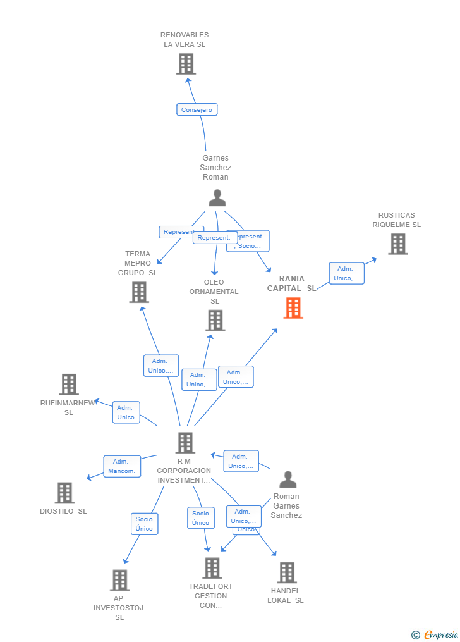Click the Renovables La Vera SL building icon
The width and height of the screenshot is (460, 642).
coord(186,64)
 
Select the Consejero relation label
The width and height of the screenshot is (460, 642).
coord(197,109)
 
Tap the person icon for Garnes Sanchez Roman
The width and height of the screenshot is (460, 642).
coord(217,198)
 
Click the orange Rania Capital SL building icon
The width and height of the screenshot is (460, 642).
coord(293,307)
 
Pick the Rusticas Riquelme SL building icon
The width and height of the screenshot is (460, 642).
coord(397,244)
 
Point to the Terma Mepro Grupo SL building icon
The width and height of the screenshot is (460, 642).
coord(139,292)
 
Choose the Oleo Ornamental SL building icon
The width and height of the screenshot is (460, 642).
coord(215,320)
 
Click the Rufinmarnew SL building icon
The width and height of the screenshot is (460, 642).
coord(69,384)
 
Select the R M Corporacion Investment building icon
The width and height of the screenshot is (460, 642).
coord(185,443)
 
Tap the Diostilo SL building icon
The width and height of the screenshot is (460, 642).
coord(64,493)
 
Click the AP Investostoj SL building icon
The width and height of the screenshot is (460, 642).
coord(119,580)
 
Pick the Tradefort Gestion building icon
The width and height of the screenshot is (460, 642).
coord(212,568)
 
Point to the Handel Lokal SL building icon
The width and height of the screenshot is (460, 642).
coord(286,572)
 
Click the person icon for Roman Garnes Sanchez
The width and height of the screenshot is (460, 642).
coord(287,479)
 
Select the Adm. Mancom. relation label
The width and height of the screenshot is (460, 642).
coord(122,466)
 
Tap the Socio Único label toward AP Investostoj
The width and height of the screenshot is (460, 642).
coord(144,524)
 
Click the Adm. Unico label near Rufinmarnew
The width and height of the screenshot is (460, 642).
coord(126,412)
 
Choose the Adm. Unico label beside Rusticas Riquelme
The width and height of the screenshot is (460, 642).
coord(346,273)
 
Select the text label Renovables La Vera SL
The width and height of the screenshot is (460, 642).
coord(185,40)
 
